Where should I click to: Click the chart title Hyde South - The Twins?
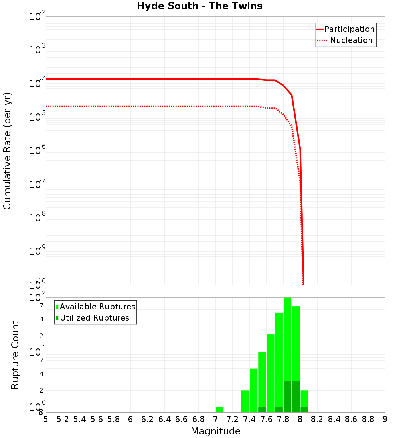[199, 6]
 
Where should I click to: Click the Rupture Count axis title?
[15, 355]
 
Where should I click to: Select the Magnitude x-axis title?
[215, 431]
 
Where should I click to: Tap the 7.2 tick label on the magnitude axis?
[232, 419]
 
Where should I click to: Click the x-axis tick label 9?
[385, 419]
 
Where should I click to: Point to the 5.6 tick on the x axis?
[97, 419]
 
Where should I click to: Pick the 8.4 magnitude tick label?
[334, 419]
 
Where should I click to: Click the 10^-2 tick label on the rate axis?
[38, 17]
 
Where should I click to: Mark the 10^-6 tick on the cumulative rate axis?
[38, 151]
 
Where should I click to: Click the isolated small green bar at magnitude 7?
[219, 409]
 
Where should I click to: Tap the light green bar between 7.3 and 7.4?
[245, 401]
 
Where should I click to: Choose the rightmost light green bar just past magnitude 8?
[304, 398]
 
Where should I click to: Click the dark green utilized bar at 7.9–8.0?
[296, 396]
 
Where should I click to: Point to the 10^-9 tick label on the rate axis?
[38, 252]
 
